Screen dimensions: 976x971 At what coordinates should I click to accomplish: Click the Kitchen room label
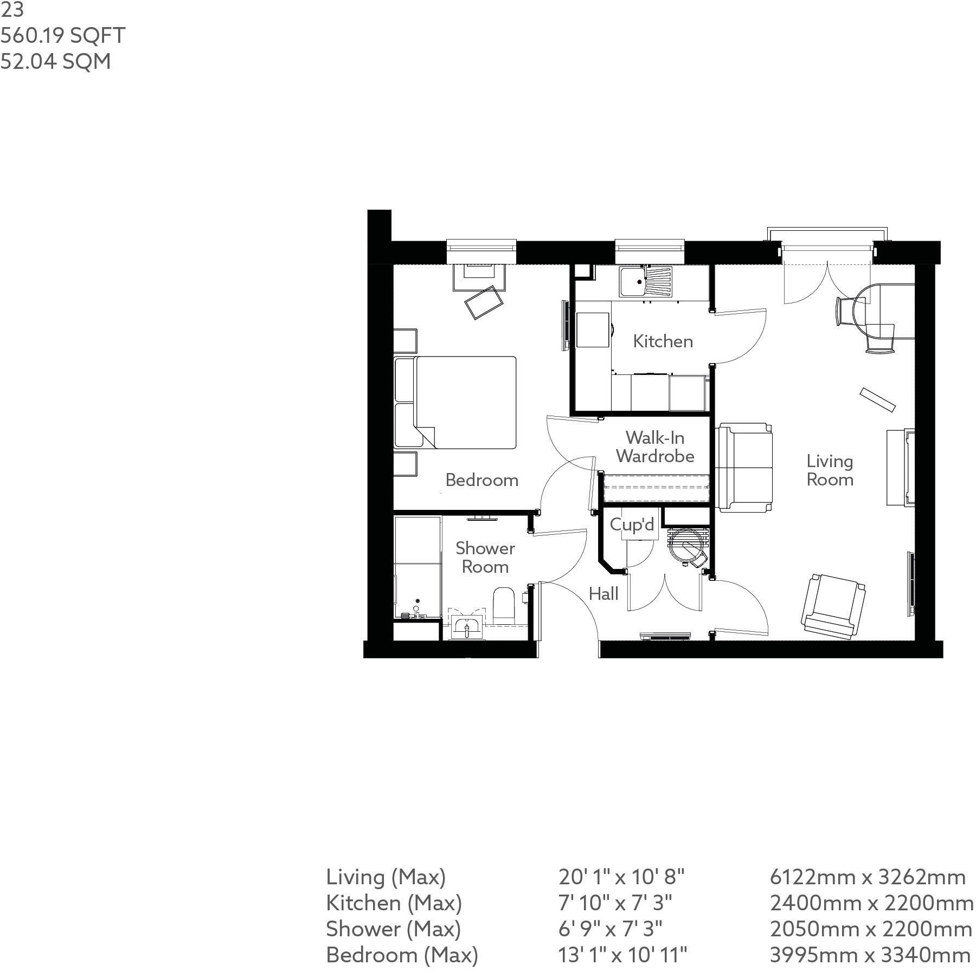[x=663, y=341]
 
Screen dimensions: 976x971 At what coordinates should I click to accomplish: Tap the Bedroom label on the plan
[x=481, y=480]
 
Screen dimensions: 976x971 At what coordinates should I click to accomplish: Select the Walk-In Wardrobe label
[x=655, y=446]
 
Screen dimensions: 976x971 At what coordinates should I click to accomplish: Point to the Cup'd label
[x=632, y=525]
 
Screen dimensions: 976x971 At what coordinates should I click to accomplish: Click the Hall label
[x=603, y=594]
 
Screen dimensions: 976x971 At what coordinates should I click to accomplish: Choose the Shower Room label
[x=485, y=558]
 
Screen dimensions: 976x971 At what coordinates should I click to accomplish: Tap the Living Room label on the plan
[x=830, y=470]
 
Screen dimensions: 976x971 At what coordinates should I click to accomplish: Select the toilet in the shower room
[x=504, y=605]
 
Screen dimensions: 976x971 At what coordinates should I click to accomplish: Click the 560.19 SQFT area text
[x=63, y=36]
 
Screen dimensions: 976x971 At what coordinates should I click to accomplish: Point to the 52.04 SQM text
[x=56, y=61]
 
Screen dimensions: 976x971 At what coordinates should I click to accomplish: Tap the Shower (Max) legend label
[x=393, y=929]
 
